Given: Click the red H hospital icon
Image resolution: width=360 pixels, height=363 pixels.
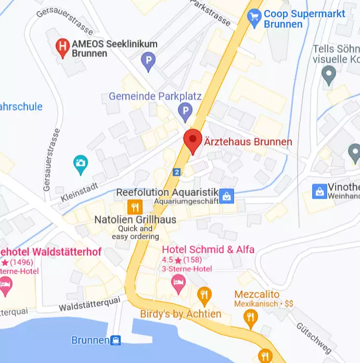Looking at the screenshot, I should (x=63, y=48).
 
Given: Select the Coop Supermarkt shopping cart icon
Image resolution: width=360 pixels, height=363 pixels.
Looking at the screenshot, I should (x=254, y=18).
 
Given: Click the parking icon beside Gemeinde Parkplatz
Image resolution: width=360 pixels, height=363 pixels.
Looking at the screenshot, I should (x=185, y=110).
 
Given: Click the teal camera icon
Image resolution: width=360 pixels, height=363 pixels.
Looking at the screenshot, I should (x=80, y=163).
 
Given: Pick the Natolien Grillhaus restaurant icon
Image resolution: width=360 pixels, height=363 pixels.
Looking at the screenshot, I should (x=135, y=206).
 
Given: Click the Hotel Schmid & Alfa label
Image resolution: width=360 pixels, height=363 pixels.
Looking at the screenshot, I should (x=208, y=250).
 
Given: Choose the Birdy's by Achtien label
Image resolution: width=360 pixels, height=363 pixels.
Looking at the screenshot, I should (x=181, y=314).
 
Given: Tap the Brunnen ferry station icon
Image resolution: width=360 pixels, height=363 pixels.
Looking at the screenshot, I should (x=116, y=341).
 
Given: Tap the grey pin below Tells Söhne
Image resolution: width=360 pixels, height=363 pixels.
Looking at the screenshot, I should (x=328, y=76).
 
